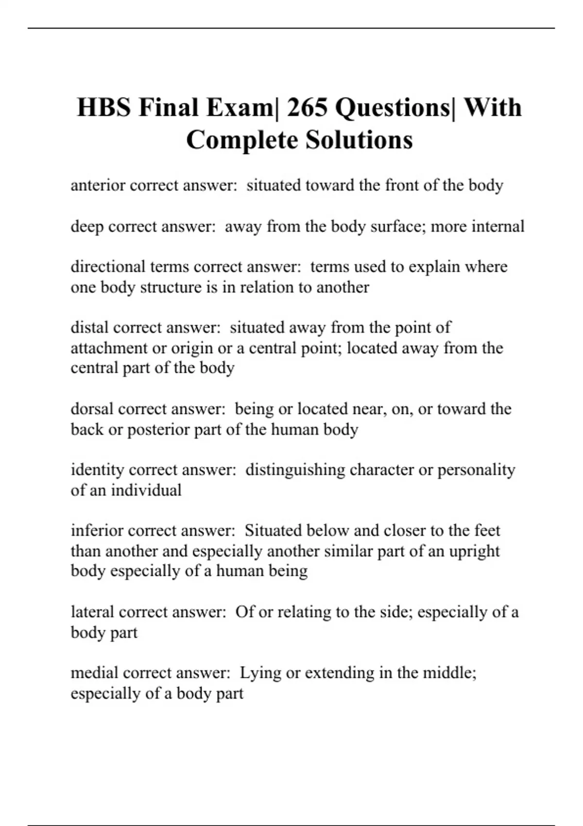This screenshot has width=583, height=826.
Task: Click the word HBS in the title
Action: pos(103,107)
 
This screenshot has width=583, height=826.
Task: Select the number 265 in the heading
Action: pos(307,107)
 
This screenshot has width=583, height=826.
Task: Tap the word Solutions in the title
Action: pos(359,140)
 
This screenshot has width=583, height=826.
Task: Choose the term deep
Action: pos(87,226)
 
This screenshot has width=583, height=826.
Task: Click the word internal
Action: pos(498,226)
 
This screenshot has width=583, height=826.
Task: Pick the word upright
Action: pos(474,551)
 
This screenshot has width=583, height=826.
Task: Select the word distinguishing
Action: pos(295,470)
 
